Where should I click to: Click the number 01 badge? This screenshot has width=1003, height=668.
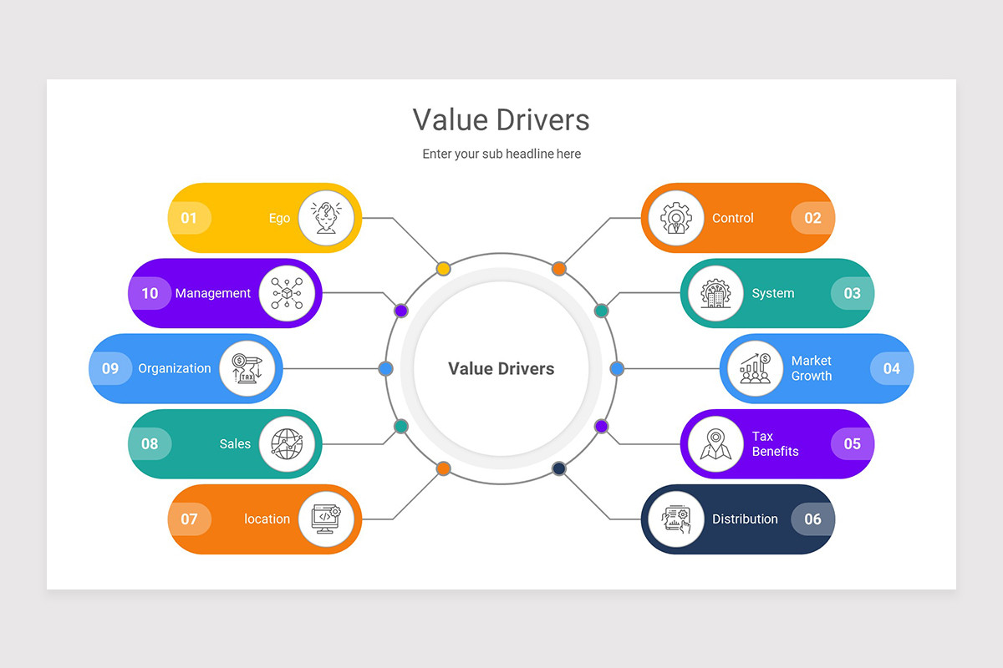(189, 218)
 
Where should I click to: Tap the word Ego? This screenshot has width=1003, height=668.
(279, 218)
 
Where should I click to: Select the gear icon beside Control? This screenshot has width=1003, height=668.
(676, 218)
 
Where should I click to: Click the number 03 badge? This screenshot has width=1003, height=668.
(852, 293)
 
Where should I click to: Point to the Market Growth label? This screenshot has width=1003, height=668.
(811, 368)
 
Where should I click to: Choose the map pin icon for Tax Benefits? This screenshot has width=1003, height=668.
(715, 443)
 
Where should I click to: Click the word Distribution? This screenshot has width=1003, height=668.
(745, 519)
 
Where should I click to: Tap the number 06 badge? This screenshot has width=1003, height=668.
(812, 519)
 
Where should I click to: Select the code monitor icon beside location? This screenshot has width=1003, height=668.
(327, 519)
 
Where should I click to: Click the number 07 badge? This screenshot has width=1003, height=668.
(190, 519)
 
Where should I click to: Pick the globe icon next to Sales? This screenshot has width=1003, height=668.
(287, 443)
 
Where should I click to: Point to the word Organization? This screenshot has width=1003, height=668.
(175, 368)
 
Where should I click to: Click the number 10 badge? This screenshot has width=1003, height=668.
(150, 293)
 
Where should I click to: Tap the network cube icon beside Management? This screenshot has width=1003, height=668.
(287, 293)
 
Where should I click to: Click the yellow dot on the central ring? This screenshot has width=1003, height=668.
(444, 268)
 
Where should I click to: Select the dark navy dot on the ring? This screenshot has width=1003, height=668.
(559, 468)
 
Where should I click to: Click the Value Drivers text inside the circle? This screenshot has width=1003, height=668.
(501, 368)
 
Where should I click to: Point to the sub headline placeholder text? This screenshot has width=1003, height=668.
(501, 154)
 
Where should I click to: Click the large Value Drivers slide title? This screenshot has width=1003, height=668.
(501, 119)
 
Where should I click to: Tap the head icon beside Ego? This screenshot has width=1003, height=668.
(327, 218)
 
